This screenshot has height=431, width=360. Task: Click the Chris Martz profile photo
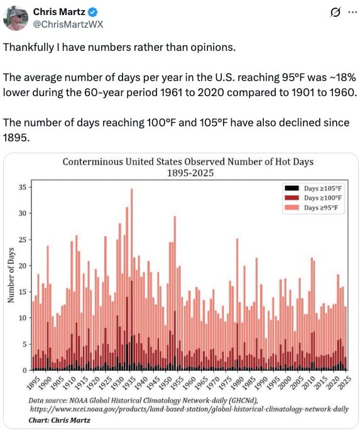click(16, 18)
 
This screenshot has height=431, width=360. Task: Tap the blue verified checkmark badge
click(92, 12)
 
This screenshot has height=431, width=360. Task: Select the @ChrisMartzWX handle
click(68, 25)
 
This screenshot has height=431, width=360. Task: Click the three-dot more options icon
click(352, 12)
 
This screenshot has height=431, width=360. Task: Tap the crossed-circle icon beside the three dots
click(335, 13)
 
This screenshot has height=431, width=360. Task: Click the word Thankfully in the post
click(28, 47)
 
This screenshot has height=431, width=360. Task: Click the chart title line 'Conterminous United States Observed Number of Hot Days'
click(188, 161)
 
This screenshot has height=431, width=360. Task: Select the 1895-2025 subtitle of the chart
click(190, 173)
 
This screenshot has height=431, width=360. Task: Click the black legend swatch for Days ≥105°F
click(292, 188)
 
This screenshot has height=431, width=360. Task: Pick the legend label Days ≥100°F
click(323, 198)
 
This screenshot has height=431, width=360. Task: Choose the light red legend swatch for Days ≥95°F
click(292, 207)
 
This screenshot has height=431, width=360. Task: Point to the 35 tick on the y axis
click(22, 187)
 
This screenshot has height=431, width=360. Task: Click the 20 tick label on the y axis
click(22, 266)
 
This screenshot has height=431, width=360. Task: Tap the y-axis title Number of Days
click(11, 275)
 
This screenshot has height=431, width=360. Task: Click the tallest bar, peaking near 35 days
click(132, 279)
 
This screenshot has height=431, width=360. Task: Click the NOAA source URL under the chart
click(189, 409)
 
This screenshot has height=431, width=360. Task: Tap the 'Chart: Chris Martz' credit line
click(59, 420)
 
